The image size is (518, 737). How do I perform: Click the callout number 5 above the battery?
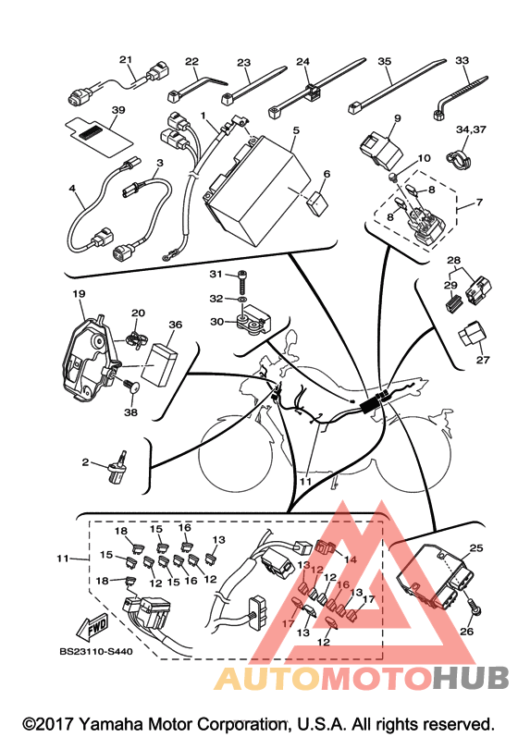[296, 130]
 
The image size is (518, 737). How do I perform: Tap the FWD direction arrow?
[92, 627]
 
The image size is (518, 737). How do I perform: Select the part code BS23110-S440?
[96, 651]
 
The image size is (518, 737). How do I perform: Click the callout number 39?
[118, 110]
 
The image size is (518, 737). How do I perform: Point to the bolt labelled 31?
[242, 281]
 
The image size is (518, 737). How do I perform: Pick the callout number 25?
[476, 548]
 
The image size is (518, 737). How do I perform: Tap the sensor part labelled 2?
[118, 469]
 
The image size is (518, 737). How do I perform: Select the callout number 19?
[79, 294]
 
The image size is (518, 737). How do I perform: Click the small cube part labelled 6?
[317, 203]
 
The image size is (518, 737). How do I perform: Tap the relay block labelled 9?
[380, 151]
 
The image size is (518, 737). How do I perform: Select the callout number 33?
[462, 60]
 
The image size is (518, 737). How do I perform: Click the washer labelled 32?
[242, 299]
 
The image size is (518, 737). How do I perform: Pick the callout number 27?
[483, 360]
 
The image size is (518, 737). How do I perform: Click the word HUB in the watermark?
[471, 678]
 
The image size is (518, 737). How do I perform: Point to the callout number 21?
[126, 60]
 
